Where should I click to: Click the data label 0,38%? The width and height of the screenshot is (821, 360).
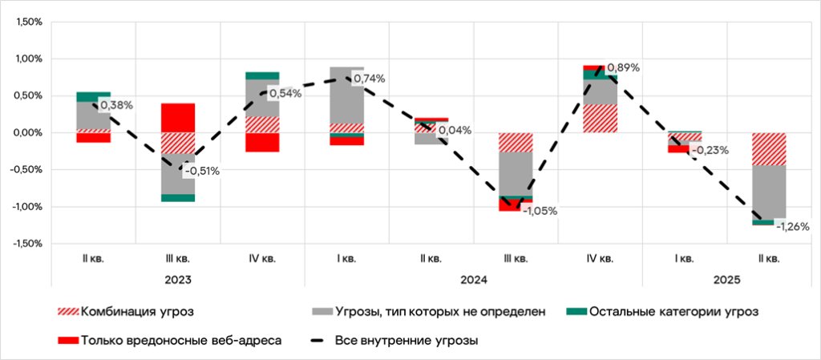116,104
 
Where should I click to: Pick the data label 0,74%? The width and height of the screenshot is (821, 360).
369,79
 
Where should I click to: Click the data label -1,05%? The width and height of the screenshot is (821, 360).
540,211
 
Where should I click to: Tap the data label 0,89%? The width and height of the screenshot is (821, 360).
623,67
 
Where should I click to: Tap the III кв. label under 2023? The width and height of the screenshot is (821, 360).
177,258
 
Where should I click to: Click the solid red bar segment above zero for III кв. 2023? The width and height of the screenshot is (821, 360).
177,118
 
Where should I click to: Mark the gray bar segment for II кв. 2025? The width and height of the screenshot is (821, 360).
769,191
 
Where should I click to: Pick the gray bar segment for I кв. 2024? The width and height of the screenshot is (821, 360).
346,95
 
